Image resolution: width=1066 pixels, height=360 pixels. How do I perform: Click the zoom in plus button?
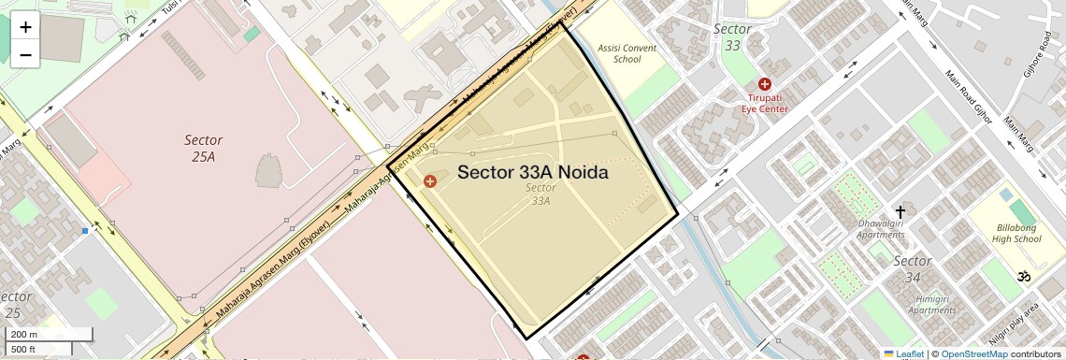(x=25, y=27)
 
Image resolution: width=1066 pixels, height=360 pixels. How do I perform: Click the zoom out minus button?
(x=25, y=54)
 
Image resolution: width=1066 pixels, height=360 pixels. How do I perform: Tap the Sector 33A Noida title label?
(x=533, y=173)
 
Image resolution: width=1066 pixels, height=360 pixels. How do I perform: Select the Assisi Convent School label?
(x=627, y=53)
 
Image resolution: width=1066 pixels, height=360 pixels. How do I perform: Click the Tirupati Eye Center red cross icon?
(x=765, y=84)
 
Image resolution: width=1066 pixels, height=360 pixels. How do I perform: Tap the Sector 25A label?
(x=203, y=148)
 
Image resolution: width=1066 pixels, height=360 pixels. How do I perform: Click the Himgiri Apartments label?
(x=906, y=303)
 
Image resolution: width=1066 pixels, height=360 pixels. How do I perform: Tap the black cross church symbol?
(x=900, y=212)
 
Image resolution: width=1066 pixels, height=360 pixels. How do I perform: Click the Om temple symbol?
(x=1024, y=277)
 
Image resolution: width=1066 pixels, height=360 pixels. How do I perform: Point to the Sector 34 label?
(x=912, y=268)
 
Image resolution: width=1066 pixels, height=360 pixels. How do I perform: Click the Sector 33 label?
(x=732, y=36)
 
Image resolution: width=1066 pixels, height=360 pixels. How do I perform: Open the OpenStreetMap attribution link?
(x=973, y=353)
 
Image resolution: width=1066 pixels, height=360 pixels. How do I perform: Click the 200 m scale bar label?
(x=25, y=334)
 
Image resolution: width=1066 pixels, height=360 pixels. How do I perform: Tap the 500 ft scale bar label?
(x=24, y=349)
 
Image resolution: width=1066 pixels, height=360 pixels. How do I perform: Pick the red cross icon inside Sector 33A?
(x=429, y=180)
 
